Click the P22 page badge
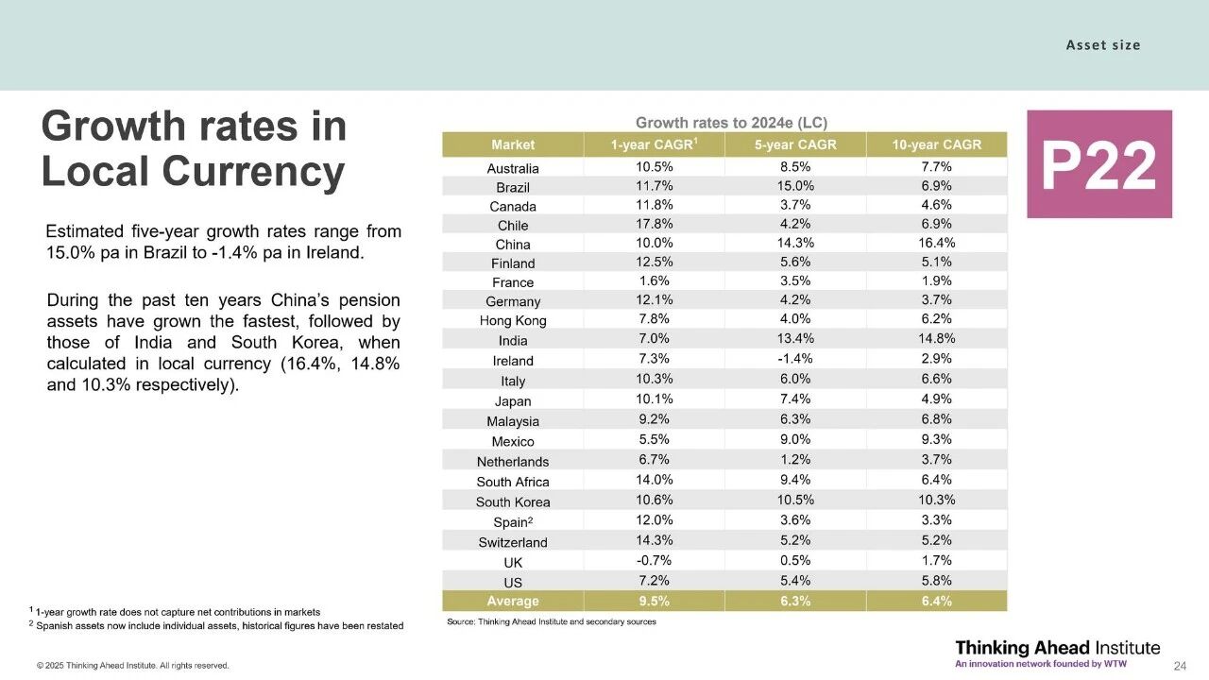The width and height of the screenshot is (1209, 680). point(1098,164)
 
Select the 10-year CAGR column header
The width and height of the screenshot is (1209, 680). point(936,144)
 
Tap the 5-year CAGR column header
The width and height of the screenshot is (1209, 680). point(795,144)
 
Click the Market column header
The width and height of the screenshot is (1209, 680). point(513,144)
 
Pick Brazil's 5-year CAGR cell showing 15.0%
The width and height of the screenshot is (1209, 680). point(795,186)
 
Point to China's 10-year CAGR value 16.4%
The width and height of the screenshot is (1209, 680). point(936,243)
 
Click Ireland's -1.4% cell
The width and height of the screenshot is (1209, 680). point(795,359)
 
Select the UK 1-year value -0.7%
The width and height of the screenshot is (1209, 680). point(654,561)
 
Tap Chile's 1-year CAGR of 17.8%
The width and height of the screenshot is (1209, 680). point(654,224)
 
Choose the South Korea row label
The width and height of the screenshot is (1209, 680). point(513,501)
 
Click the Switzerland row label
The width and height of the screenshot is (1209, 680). point(513,542)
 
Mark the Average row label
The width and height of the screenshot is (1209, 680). point(513,602)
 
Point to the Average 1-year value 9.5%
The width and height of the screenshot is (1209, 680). point(654,602)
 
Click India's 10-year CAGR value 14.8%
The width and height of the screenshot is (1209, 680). point(936,339)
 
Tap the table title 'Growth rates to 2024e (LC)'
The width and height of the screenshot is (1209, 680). point(731,123)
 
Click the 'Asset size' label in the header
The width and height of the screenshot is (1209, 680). point(1102,45)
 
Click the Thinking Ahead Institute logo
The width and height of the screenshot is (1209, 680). point(1057,653)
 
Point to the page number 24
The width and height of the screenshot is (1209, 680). point(1180,667)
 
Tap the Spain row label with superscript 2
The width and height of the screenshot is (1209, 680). point(513,522)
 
